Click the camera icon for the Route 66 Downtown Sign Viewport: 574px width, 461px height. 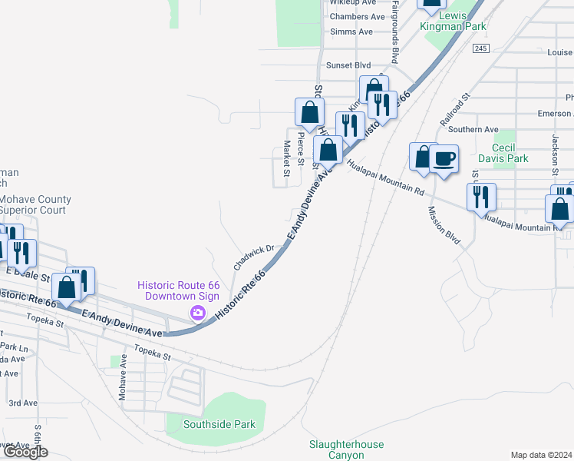[198, 313]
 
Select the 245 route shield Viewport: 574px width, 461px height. [481, 48]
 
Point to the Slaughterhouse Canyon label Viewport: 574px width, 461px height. [336, 449]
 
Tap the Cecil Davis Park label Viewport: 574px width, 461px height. [503, 152]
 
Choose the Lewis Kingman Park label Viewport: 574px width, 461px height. [453, 20]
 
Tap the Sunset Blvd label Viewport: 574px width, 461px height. [348, 65]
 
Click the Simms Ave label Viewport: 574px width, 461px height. [351, 32]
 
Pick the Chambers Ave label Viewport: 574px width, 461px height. [357, 16]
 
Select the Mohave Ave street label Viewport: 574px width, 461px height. [122, 383]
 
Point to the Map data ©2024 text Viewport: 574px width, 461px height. [541, 455]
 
